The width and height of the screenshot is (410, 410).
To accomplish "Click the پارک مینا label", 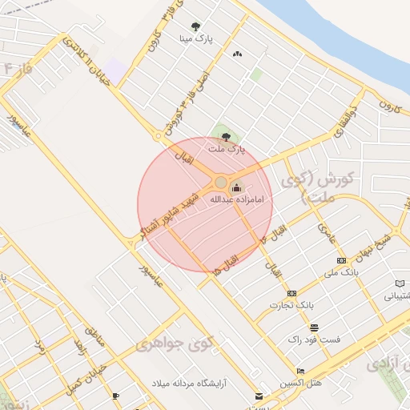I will tap(197, 38).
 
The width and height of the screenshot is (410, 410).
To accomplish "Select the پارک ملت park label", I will tap(225, 149).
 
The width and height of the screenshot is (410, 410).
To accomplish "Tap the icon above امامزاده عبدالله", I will tap(235, 188).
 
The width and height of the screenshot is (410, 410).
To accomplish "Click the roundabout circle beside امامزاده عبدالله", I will tap(221, 183).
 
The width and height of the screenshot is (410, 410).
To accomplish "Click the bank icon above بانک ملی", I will tap(342, 261).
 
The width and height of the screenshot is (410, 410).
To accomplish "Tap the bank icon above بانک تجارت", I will tap(291, 293).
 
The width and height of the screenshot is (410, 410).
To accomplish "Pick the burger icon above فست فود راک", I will tap(314, 328).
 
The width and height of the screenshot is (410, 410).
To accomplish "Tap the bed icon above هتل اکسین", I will tap(300, 371).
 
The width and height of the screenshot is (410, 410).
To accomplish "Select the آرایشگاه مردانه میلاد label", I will tap(190, 384).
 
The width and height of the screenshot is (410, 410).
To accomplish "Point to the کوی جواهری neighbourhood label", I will tap(172, 344).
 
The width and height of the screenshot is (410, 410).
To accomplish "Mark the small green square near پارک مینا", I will tap(256, 74).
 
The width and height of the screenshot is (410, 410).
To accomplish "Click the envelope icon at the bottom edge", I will tap(258, 396).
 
